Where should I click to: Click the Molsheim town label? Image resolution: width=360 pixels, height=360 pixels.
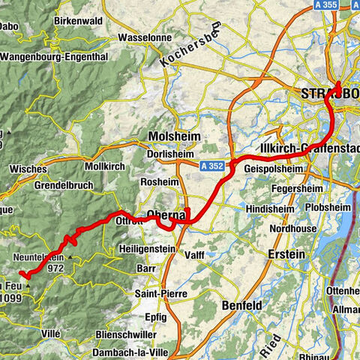point(175,135)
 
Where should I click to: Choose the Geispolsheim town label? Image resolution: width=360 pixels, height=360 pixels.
point(274,169)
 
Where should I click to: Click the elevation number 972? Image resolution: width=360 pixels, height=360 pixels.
point(55,267)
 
